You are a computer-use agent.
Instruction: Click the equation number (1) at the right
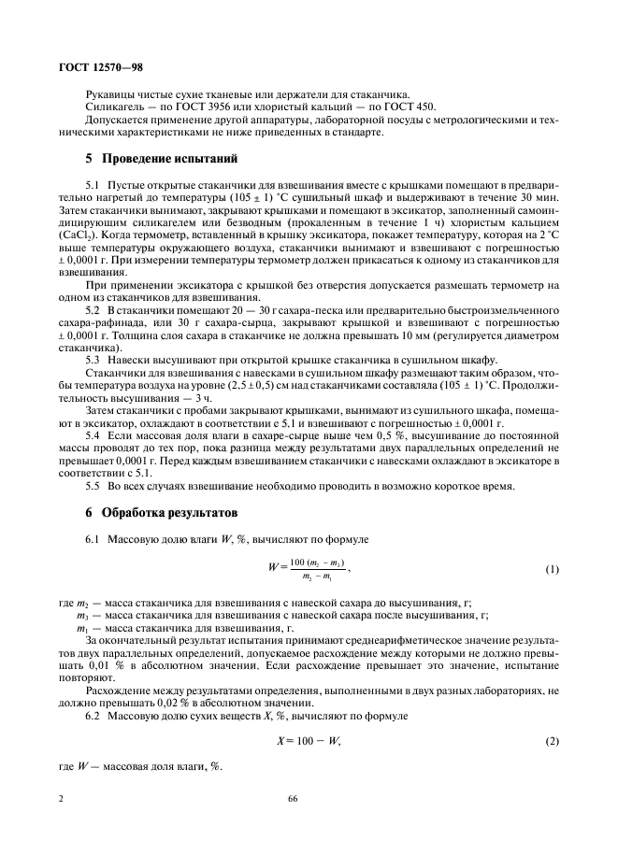coord(552,569)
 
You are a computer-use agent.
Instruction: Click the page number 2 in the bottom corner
coord(60,800)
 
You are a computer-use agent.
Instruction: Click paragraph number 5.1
coord(93,186)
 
